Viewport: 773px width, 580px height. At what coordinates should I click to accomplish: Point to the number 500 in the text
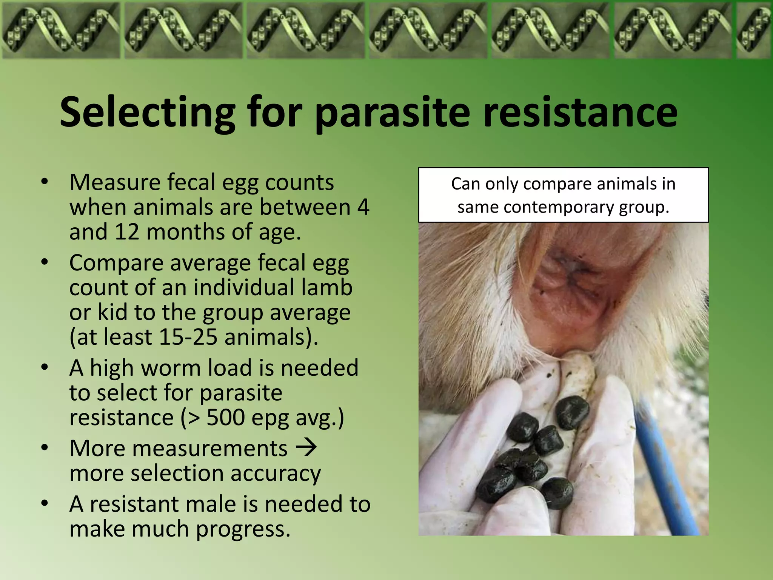pyautogui.click(x=226, y=417)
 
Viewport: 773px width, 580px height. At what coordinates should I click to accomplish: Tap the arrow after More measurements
pyautogui.click(x=306, y=448)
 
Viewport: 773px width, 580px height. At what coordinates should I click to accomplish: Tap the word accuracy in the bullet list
pyautogui.click(x=276, y=473)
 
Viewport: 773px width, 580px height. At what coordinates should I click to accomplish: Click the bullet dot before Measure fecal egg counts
pyautogui.click(x=45, y=182)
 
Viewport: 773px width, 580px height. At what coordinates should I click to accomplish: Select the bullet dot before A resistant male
pyautogui.click(x=45, y=503)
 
